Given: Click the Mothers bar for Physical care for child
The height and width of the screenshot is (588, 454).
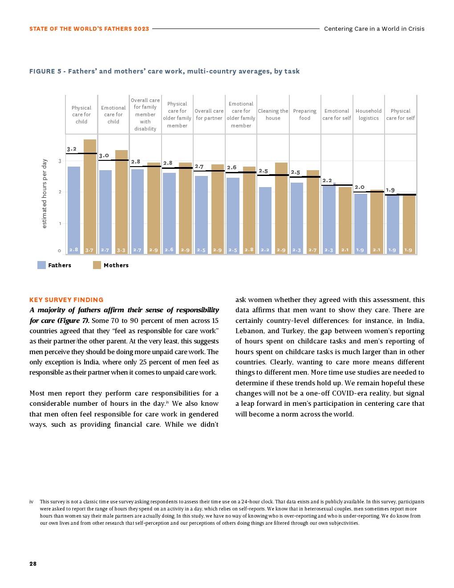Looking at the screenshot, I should [90, 196].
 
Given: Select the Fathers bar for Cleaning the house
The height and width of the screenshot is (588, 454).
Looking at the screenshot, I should [265, 220].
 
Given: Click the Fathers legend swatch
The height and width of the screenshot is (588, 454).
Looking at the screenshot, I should [41, 265].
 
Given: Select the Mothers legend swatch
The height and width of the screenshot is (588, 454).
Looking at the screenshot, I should [97, 265].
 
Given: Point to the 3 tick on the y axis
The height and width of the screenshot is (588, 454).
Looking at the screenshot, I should [60, 161].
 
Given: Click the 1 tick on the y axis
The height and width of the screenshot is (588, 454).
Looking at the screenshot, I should [60, 224].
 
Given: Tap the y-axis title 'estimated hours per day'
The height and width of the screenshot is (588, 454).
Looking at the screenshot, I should [45, 193].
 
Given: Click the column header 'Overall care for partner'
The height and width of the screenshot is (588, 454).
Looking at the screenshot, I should [209, 114].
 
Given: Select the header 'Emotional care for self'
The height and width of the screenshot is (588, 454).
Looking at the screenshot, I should [337, 114].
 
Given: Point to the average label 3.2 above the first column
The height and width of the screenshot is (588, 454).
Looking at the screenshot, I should [72, 149].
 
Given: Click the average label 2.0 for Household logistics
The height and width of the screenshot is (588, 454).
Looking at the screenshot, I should [360, 187].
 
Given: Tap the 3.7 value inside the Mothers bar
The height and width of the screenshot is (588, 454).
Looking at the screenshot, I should [89, 250].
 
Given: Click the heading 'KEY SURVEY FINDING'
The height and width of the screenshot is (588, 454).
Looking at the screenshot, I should [66, 300].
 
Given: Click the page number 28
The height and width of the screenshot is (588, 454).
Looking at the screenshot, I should [33, 563].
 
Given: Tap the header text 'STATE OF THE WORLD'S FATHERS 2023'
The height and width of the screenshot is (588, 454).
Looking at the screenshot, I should [89, 29].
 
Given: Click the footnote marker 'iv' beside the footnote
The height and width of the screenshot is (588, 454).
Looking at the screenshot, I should [32, 502].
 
